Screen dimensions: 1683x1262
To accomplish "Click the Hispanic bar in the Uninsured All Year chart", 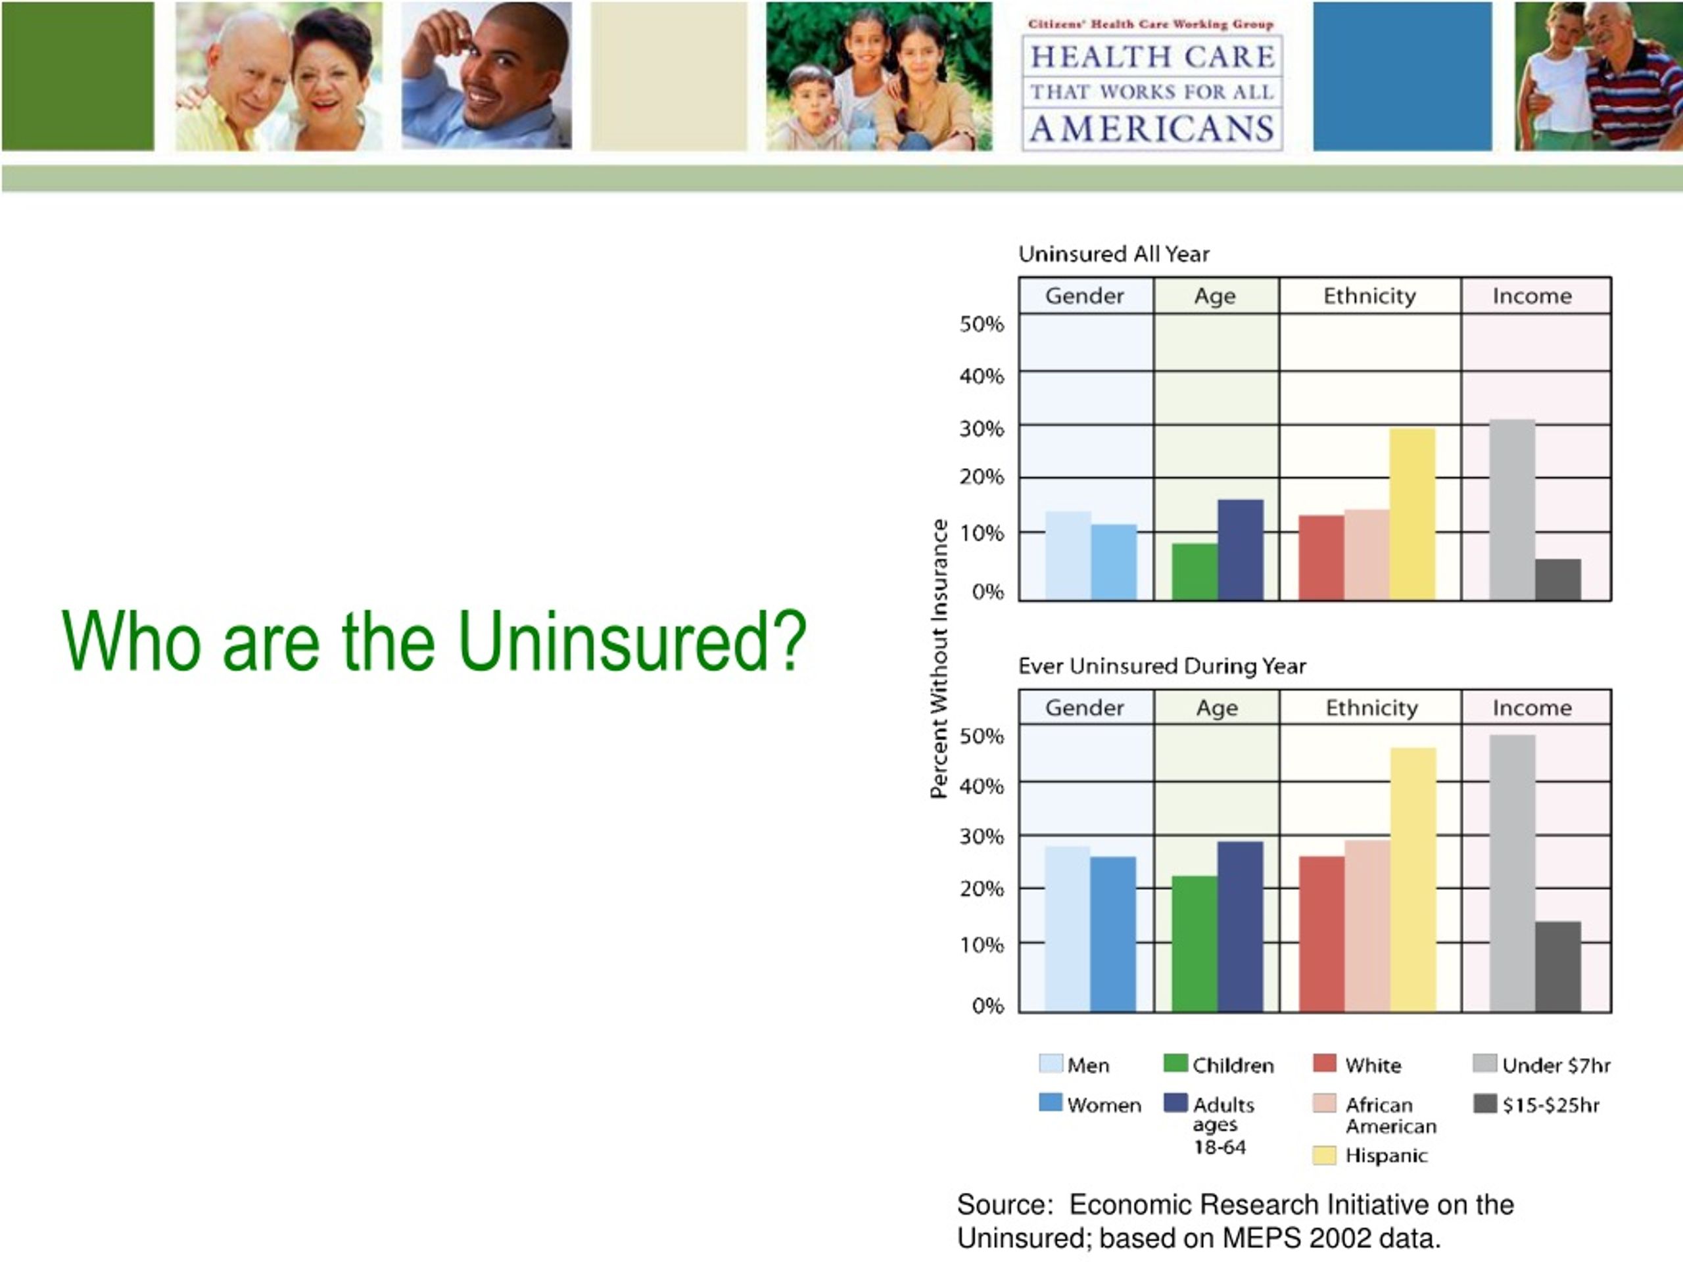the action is (x=1412, y=514).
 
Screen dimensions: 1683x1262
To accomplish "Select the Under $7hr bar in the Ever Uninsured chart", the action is (x=1512, y=874).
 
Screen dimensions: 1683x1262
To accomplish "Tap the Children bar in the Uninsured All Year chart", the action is (x=1195, y=572).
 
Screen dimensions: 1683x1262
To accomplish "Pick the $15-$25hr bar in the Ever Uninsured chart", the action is (x=1557, y=967).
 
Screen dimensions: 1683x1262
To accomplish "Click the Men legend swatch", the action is (x=1051, y=1063).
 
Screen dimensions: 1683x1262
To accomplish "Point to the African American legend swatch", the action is (x=1325, y=1103).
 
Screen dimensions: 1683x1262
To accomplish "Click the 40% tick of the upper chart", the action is (x=982, y=376).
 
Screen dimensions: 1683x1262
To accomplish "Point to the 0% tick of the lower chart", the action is (x=987, y=1006).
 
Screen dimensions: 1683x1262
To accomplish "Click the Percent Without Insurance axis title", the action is (x=939, y=659).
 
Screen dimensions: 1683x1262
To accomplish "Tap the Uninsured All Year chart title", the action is (x=1114, y=254).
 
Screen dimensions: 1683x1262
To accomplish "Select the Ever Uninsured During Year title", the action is (x=1162, y=666).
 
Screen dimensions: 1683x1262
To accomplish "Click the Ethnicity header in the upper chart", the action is (x=1369, y=295).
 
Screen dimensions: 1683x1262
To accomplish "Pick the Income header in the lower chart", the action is (x=1532, y=707).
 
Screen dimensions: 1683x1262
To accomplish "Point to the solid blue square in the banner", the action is (x=1402, y=76).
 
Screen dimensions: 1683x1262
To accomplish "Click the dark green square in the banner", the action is (x=78, y=76).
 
